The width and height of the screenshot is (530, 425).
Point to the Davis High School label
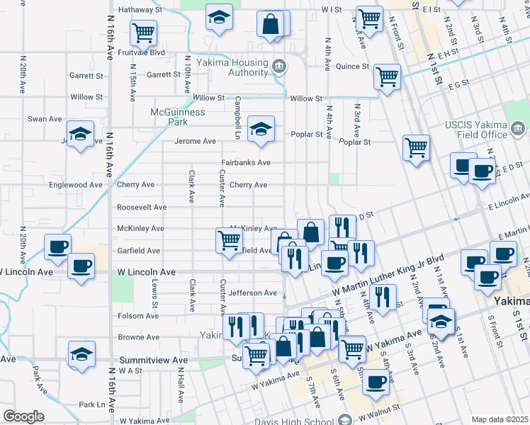(x=304, y=419)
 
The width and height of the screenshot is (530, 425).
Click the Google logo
(x=23, y=416)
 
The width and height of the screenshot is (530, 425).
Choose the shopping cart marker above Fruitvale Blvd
(x=143, y=31)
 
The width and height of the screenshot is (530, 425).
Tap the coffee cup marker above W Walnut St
(x=376, y=381)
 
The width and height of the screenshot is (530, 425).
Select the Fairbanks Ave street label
(x=246, y=162)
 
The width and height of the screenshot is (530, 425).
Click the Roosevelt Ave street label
(x=142, y=207)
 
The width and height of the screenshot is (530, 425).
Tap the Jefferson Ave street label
(x=253, y=293)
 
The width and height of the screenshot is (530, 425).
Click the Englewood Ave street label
(x=76, y=185)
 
